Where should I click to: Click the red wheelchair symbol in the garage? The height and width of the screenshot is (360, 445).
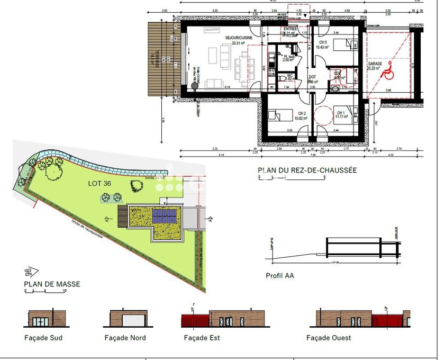389,69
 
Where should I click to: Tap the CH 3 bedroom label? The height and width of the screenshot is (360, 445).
323,42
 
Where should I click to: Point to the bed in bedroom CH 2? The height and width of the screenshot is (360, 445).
276,114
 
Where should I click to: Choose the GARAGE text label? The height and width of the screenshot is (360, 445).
375,64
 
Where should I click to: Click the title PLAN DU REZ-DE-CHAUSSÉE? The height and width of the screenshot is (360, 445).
307,170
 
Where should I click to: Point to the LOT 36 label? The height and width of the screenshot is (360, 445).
100,183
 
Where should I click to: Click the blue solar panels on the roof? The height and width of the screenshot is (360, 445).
164,215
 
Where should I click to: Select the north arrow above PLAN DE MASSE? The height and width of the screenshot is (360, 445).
28,272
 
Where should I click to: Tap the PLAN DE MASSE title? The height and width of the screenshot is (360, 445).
52,284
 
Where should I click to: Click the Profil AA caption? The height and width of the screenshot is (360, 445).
280,275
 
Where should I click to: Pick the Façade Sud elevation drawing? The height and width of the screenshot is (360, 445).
47,318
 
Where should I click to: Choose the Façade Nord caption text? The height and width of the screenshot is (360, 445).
125,338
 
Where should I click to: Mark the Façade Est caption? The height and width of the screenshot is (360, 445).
202,338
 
